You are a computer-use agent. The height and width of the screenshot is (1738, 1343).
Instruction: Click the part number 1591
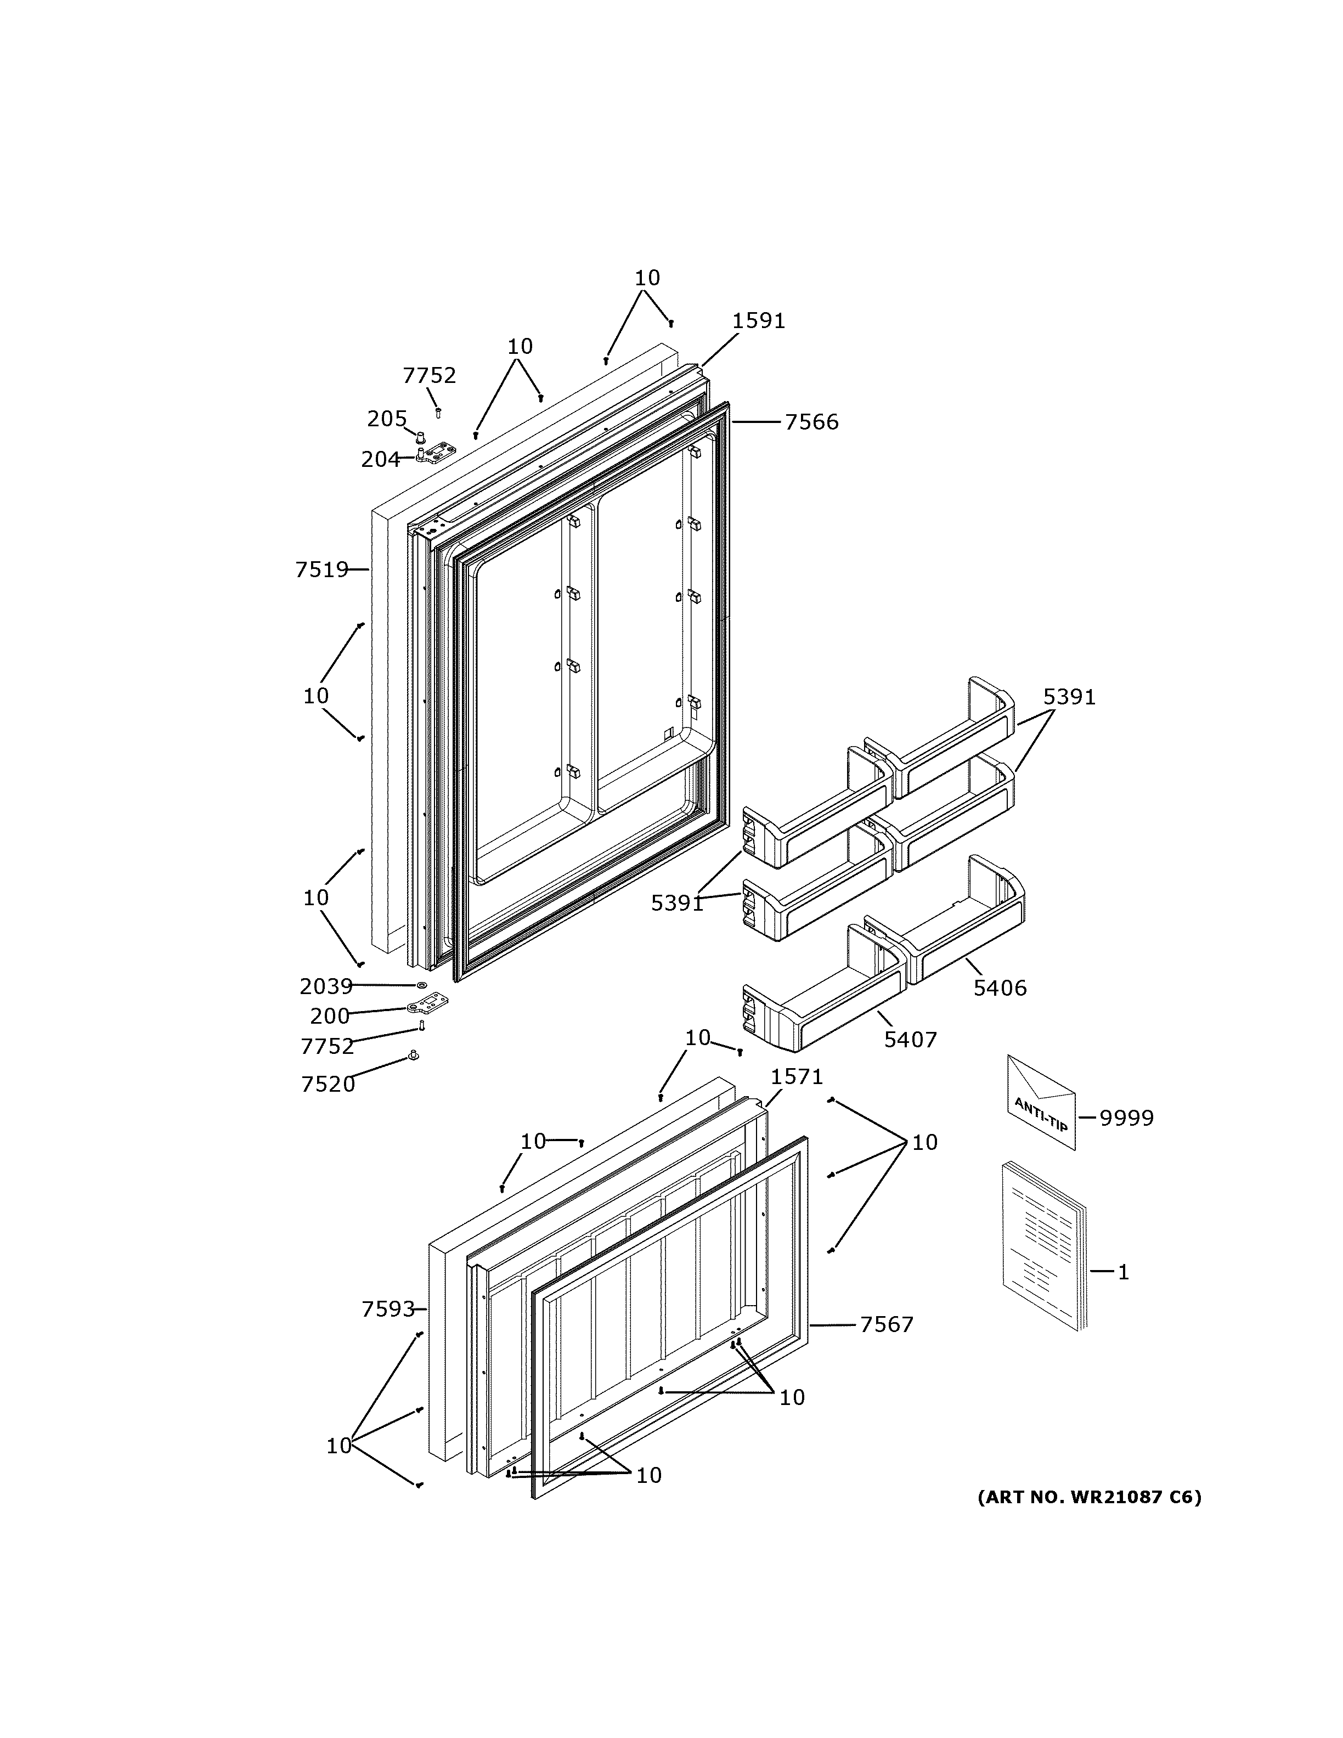pyautogui.click(x=758, y=321)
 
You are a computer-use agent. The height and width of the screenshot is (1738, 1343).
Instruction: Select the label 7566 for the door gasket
pyautogui.click(x=811, y=422)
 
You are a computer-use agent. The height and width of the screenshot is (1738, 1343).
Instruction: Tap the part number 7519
pyautogui.click(x=321, y=570)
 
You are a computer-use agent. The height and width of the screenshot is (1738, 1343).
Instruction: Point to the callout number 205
pyautogui.click(x=387, y=419)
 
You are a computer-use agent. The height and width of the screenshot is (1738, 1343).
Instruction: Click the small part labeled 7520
pyautogui.click(x=413, y=1056)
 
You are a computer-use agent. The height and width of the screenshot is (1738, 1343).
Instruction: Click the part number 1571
pyautogui.click(x=797, y=1077)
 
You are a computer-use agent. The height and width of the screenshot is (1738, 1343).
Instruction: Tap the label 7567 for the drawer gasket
pyautogui.click(x=887, y=1325)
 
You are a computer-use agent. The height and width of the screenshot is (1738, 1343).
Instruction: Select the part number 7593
pyautogui.click(x=388, y=1309)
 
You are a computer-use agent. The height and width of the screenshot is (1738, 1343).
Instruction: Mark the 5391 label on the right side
pyautogui.click(x=1069, y=697)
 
